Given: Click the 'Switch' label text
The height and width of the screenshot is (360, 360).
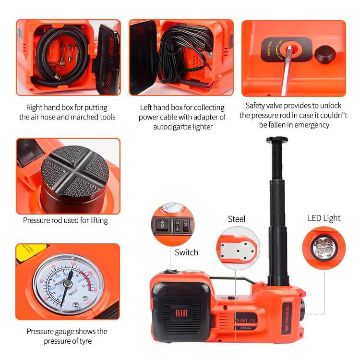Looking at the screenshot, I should tap(186, 252).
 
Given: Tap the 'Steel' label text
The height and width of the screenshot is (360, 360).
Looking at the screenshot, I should tap(237, 219).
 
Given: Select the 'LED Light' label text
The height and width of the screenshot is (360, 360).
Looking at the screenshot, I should tap(324, 218).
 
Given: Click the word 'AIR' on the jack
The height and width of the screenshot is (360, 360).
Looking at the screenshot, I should tap(181, 313).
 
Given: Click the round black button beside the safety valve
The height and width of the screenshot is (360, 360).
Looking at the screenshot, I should tap(325, 54).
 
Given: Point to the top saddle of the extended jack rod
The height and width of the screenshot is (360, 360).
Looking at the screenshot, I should tap(277, 140).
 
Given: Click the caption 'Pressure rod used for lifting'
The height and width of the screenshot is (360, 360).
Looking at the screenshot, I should tap(65, 220).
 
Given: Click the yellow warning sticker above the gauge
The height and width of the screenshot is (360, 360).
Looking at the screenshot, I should tap(31, 250).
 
